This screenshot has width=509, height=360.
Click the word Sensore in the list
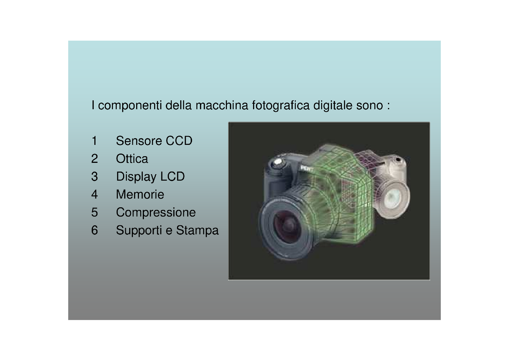[x=139, y=141]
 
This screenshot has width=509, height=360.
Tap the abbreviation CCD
[x=179, y=141]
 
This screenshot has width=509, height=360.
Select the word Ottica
[x=132, y=159]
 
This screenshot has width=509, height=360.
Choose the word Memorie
[x=140, y=195]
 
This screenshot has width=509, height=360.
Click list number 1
[x=94, y=141]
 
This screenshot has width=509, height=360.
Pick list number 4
[x=94, y=195]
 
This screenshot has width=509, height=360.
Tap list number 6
[x=94, y=230]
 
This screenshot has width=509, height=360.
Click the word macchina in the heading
[x=222, y=105]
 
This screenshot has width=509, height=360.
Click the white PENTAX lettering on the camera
[x=306, y=168]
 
